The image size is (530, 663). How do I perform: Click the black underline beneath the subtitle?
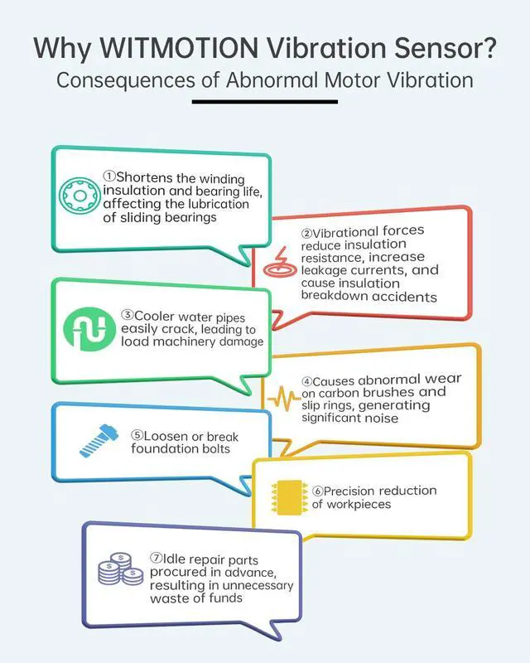click(265, 102)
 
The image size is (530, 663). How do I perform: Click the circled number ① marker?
click(110, 177)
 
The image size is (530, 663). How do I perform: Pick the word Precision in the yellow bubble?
click(356, 491)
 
